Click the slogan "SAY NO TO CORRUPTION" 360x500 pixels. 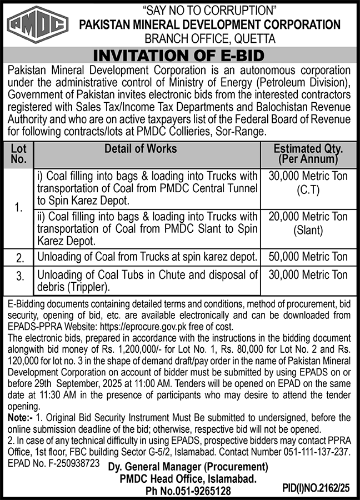tap(209, 10)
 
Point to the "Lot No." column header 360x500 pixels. tap(18, 154)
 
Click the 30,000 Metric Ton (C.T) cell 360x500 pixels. tap(308, 183)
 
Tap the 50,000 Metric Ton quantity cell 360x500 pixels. tap(308, 257)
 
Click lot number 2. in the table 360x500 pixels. tap(20, 258)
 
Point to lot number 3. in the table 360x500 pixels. tap(20, 276)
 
